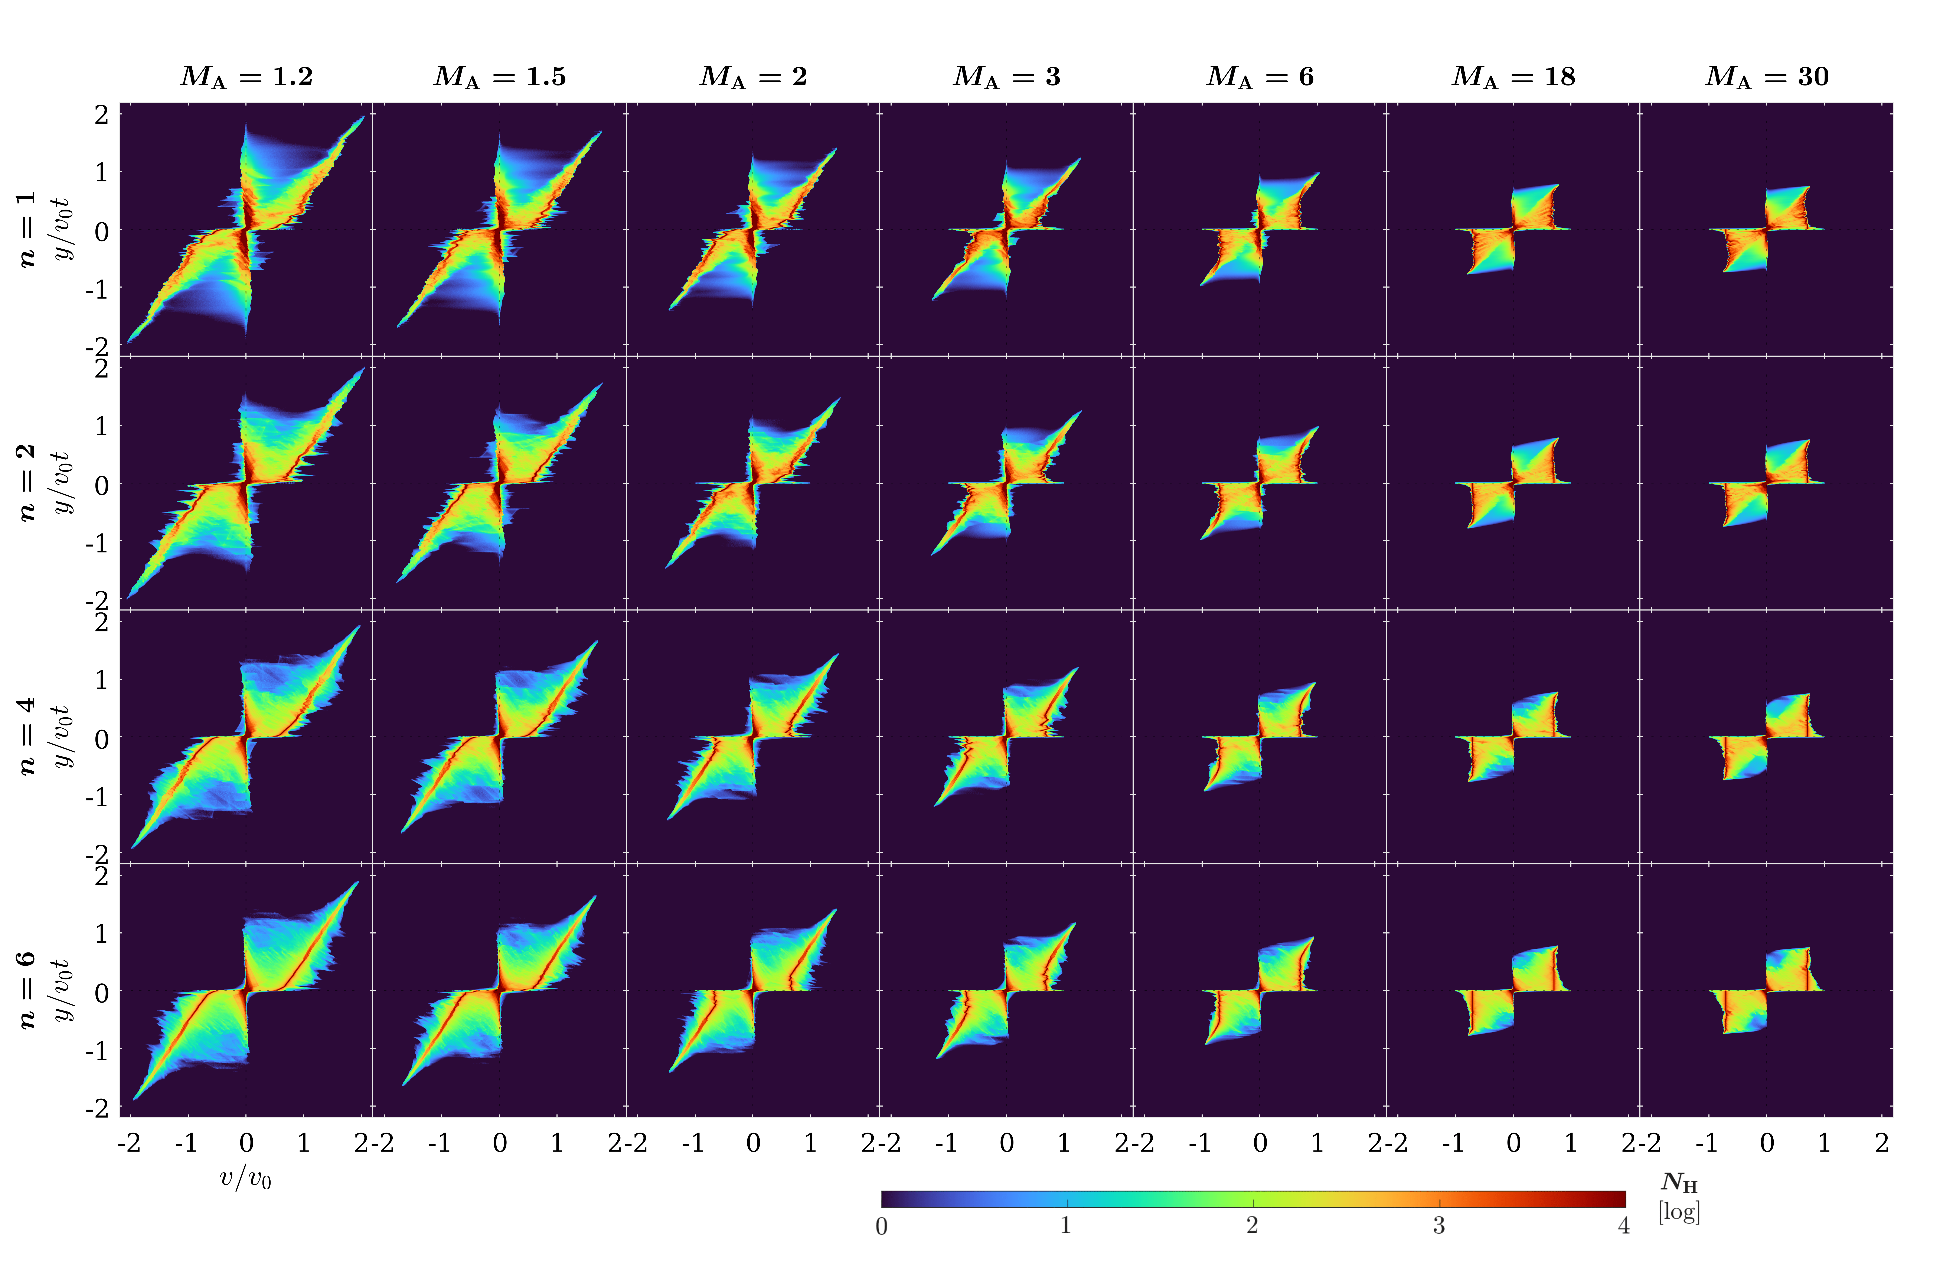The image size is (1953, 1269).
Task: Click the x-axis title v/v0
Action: click(x=245, y=1179)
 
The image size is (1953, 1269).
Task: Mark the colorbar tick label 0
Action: click(x=881, y=1226)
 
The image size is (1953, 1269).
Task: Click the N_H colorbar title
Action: click(x=1679, y=1183)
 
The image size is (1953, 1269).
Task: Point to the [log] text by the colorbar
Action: click(x=1679, y=1211)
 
